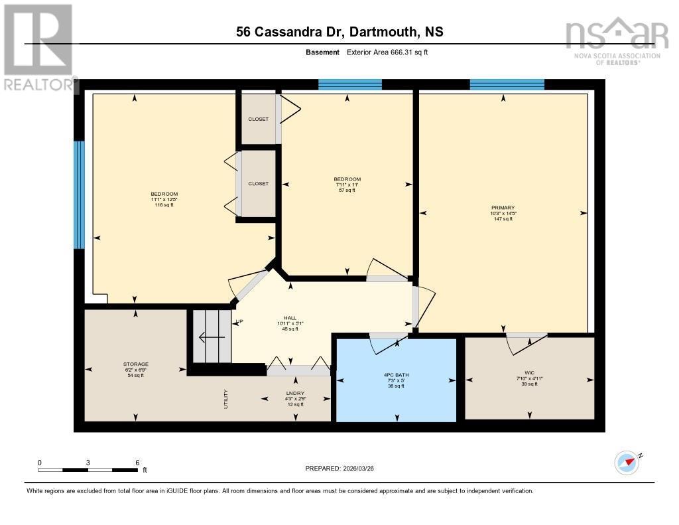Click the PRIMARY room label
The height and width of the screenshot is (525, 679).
click(x=503, y=207)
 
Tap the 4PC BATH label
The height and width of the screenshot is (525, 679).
click(x=397, y=375)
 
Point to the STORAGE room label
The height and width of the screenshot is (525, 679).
click(x=135, y=364)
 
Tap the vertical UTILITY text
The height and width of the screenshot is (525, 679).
click(x=227, y=398)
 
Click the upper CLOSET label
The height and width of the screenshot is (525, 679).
click(x=258, y=119)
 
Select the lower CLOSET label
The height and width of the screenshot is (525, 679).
click(x=258, y=183)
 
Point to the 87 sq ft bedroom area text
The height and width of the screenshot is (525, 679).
click(x=347, y=190)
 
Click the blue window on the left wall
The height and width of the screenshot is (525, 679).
click(x=79, y=194)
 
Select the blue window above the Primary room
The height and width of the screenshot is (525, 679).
click(x=507, y=84)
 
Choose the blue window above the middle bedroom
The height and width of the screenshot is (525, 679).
click(x=349, y=84)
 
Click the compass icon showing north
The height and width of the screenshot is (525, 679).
click(x=627, y=461)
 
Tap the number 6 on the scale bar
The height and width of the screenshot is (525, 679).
click(x=137, y=462)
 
